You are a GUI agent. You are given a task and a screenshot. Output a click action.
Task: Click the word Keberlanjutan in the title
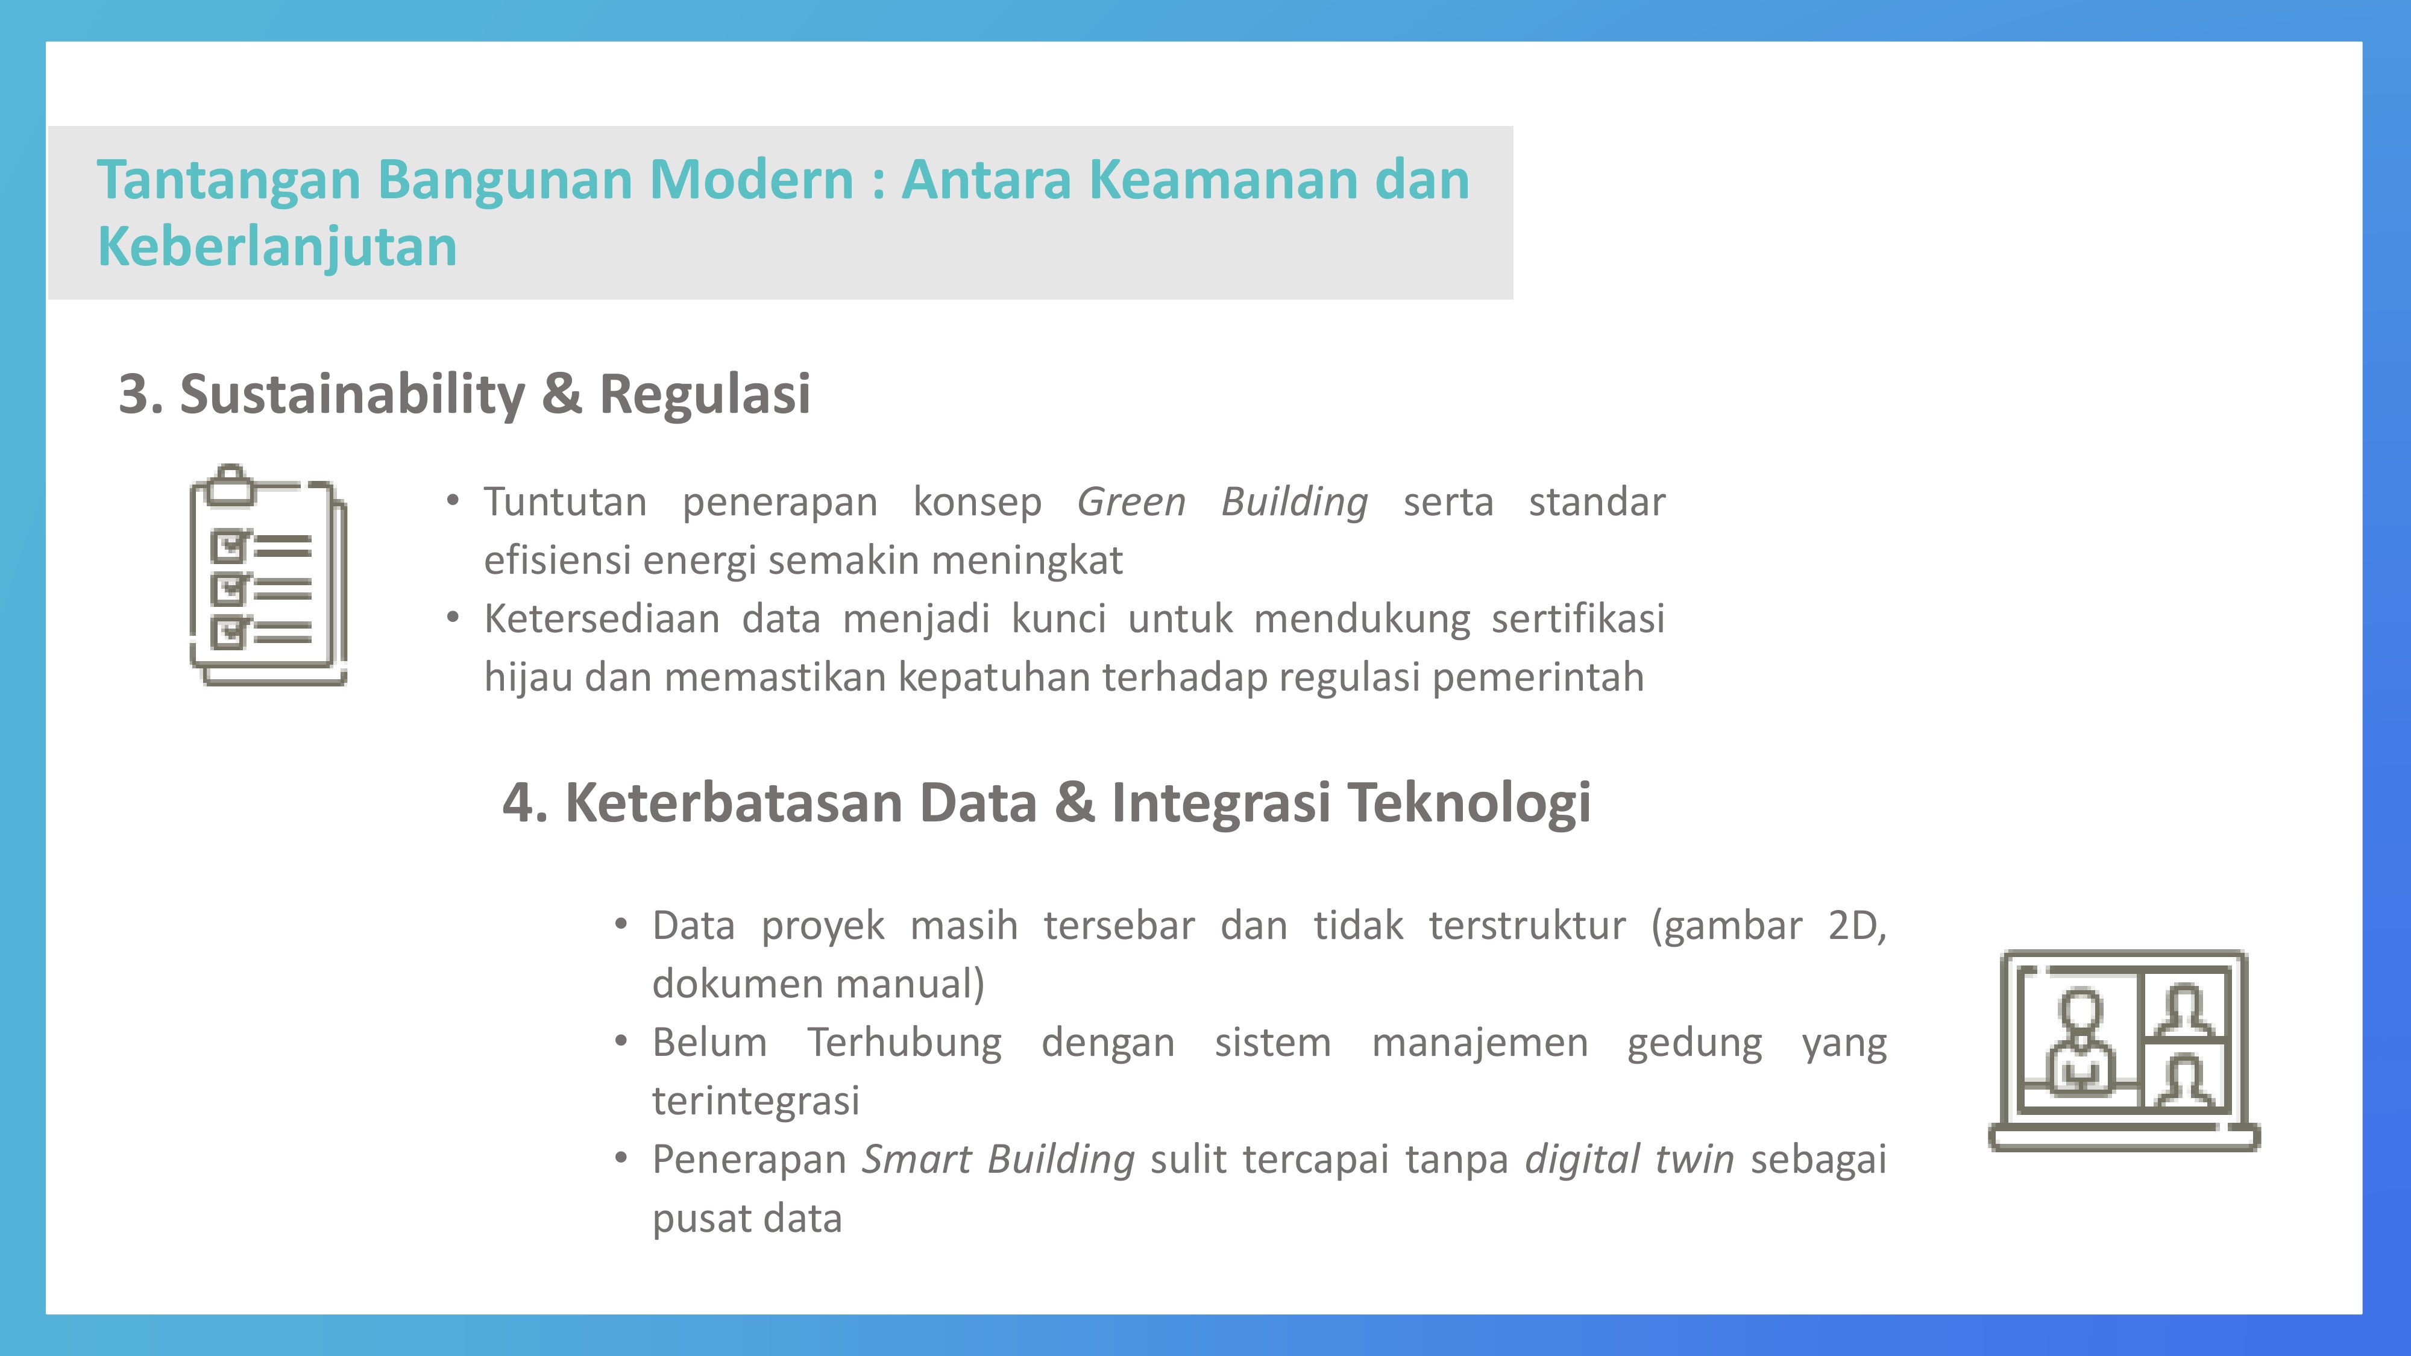coord(277,247)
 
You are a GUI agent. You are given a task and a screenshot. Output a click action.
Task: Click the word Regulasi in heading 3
coord(704,393)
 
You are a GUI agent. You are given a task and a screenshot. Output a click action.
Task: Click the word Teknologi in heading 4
coord(1470,803)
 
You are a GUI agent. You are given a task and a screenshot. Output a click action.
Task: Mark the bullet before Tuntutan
coord(453,501)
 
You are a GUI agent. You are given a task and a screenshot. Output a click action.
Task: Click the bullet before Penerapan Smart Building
coord(621,1158)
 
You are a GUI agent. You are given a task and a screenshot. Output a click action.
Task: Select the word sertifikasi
coord(1578,618)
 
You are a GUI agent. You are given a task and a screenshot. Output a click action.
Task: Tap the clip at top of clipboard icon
coord(230,485)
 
